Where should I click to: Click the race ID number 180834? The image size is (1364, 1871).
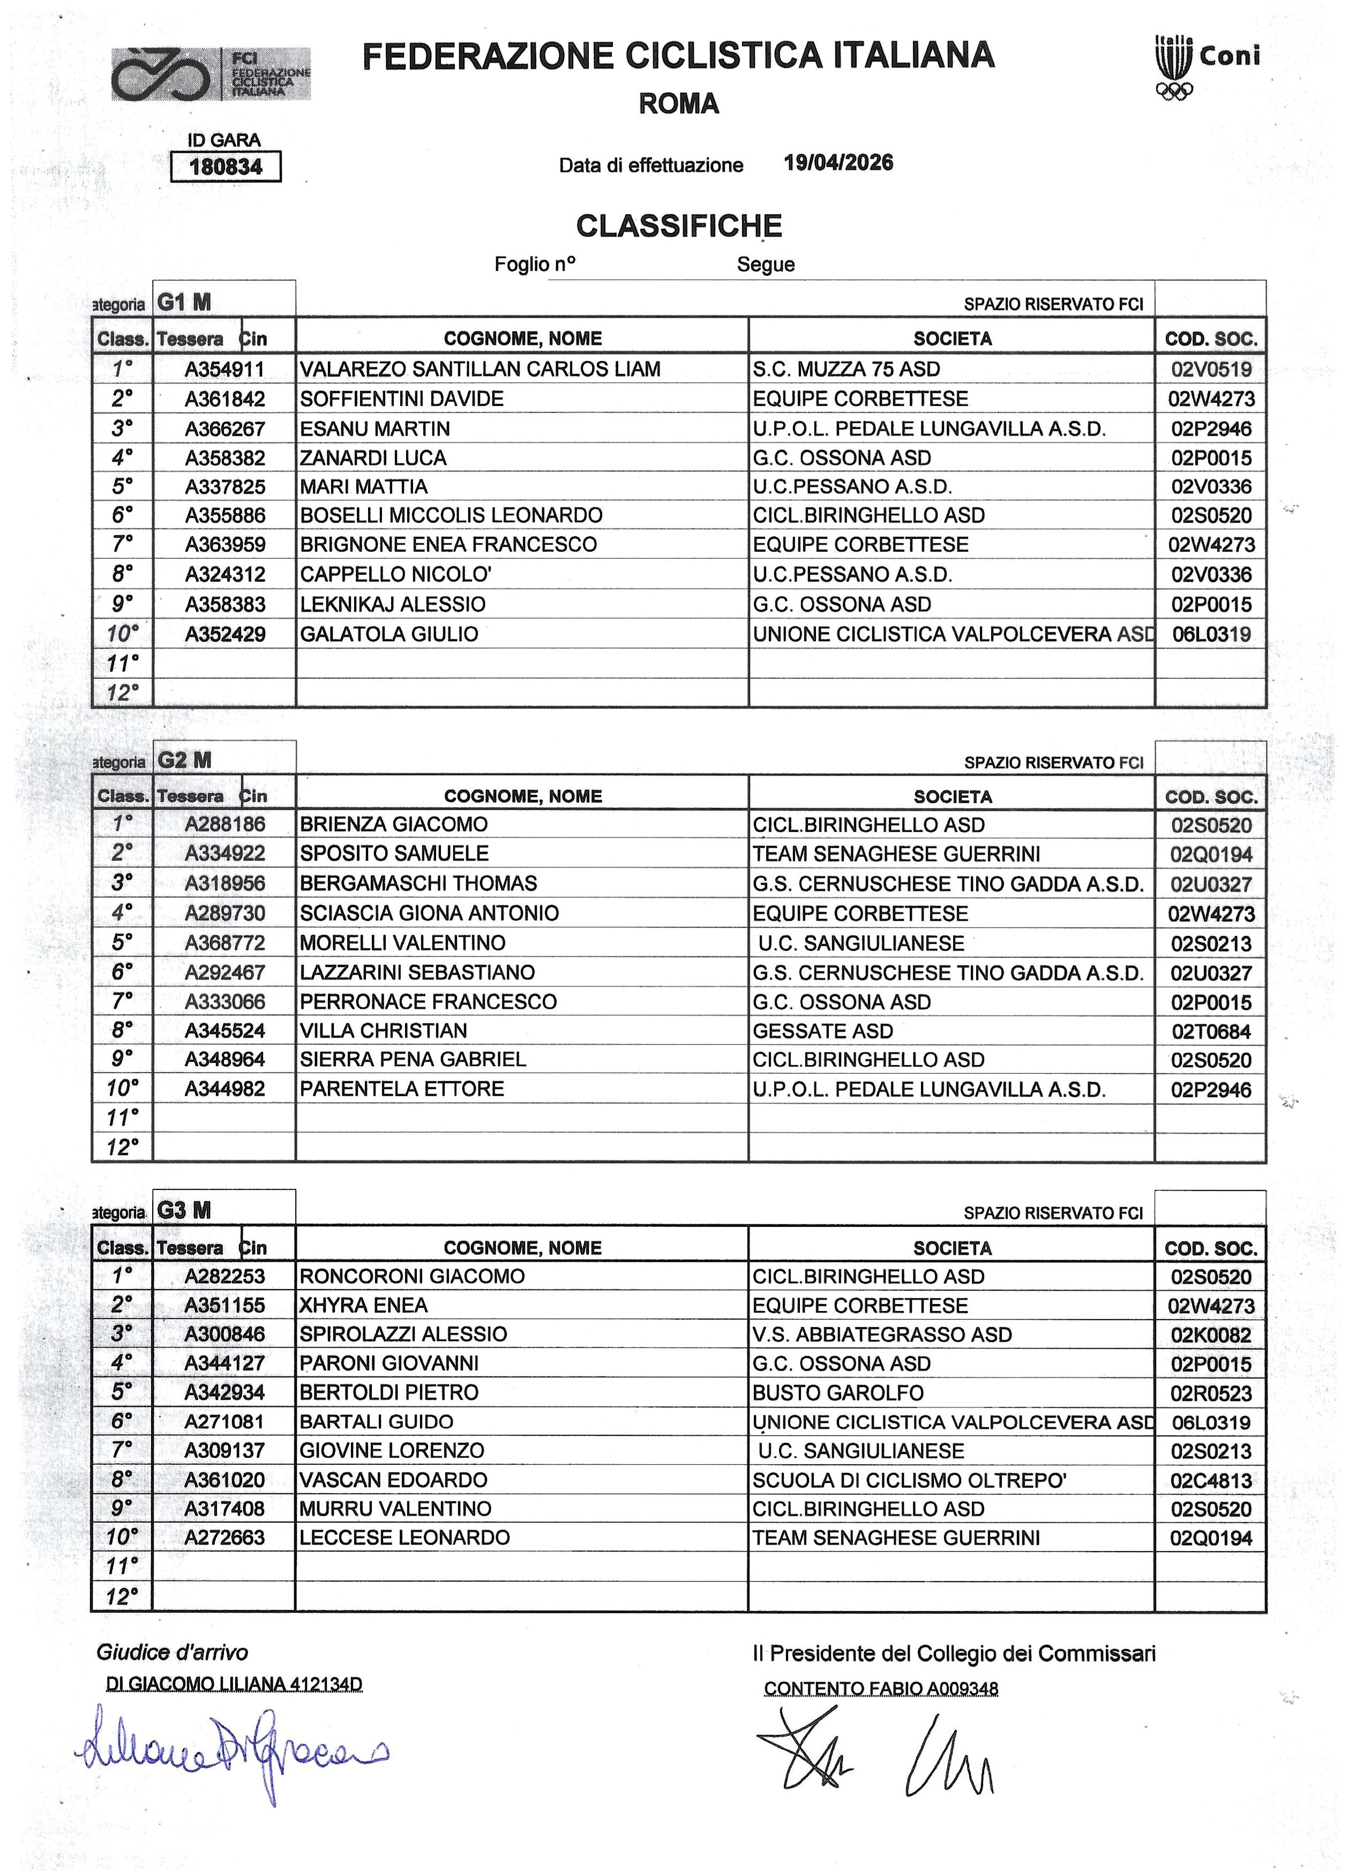pos(226,167)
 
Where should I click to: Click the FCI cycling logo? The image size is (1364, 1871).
pos(212,74)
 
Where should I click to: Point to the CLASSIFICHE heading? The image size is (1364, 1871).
pos(679,226)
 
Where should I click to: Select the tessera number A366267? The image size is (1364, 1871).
pos(224,429)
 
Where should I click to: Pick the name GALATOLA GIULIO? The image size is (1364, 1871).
pos(389,634)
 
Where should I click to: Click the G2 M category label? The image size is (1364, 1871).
pos(184,760)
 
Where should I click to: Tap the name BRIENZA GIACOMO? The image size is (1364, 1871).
pos(394,824)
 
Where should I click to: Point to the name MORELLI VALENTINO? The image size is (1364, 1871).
pos(403,943)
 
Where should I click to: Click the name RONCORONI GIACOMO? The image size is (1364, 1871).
pos(412,1276)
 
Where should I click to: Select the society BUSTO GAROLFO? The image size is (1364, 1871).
pos(837,1393)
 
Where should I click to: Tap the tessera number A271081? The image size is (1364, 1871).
pos(224,1422)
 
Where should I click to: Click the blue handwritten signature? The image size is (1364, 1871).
pos(235,1752)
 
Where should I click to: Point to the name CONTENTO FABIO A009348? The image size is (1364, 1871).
pos(881,1689)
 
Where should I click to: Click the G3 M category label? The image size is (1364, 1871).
pos(184,1210)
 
